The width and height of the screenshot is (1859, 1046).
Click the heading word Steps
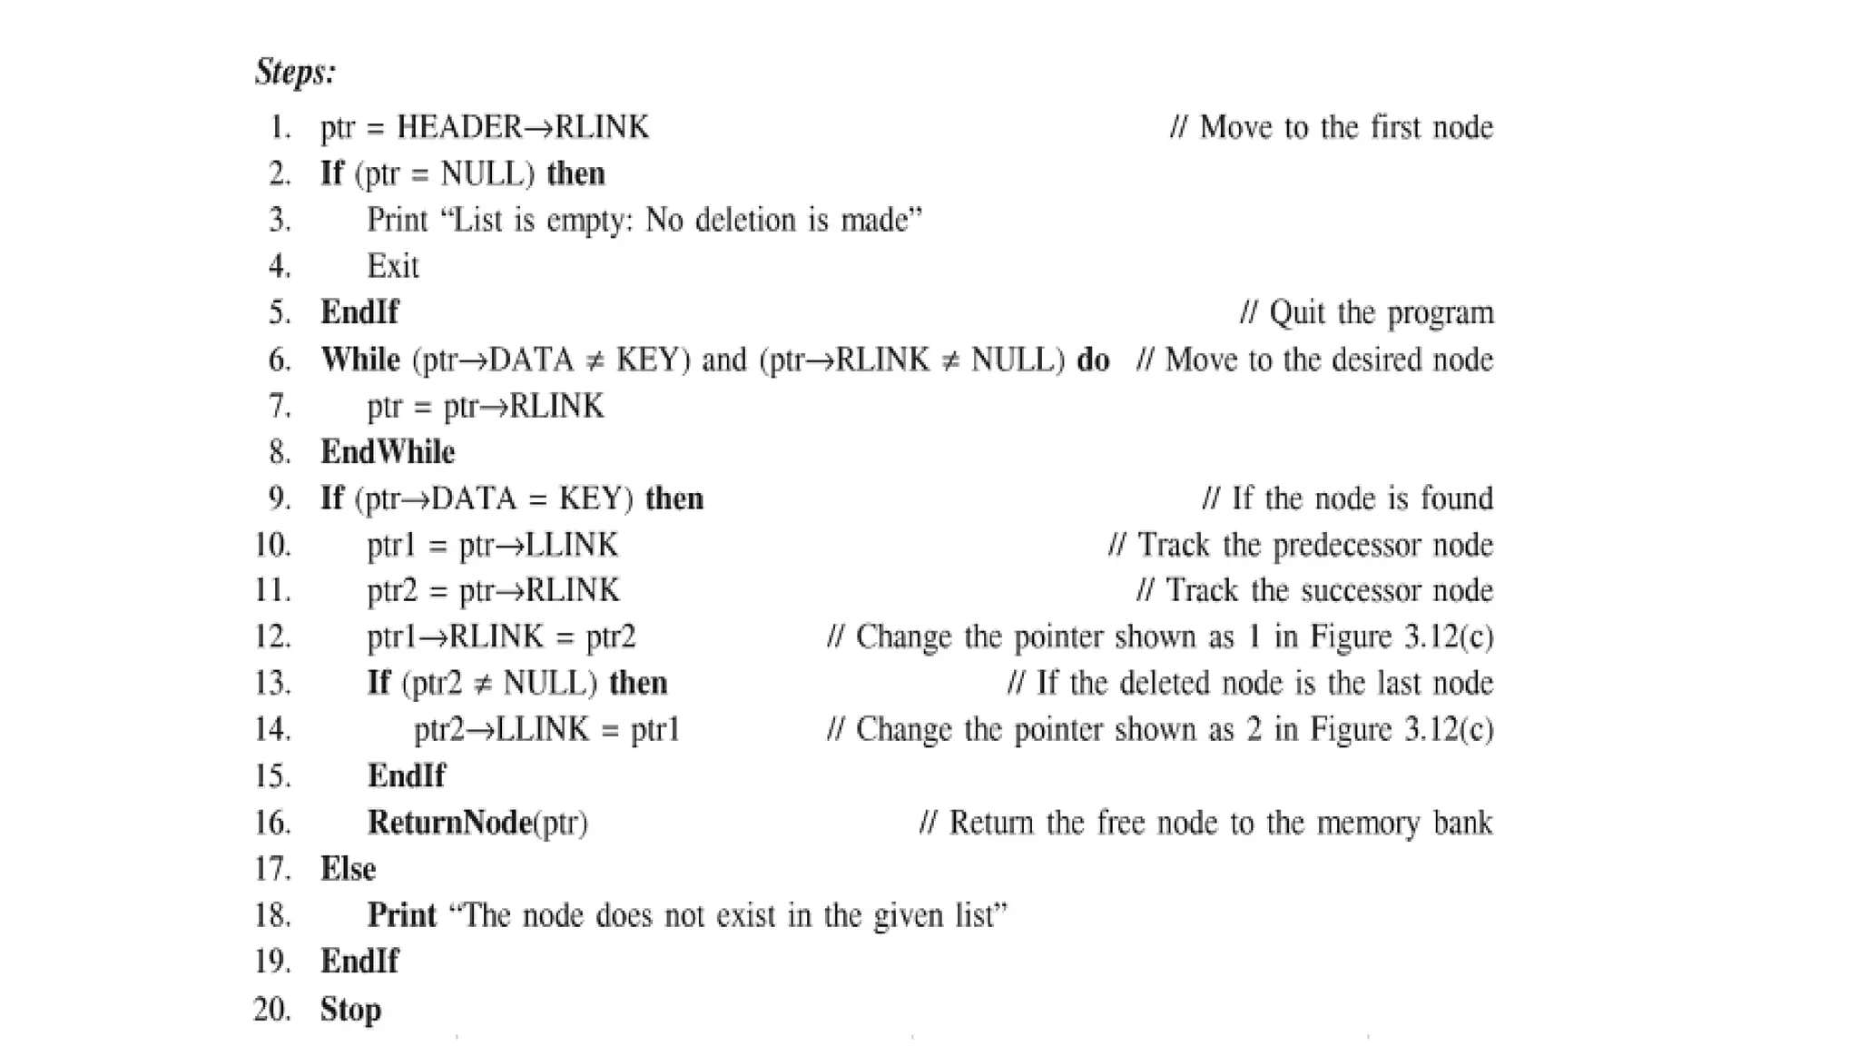295,72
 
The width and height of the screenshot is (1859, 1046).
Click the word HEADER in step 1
460,127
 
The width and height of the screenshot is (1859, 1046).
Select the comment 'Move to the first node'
1345,127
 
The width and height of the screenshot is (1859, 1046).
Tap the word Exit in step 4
393,266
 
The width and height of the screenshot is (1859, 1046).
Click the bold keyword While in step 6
360,360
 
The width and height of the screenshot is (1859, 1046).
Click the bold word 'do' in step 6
1093,360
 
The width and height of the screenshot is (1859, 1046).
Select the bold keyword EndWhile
388,452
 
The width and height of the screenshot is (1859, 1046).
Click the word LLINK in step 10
572,545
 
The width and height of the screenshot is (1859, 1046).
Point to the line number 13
272,684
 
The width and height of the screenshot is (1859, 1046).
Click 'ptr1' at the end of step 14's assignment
655,730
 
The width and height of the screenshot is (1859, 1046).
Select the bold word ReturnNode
449,823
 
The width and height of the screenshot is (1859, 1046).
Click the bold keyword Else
348,869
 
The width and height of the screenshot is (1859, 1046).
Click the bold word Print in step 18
401,915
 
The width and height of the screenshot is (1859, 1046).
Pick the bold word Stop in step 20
350,1010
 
